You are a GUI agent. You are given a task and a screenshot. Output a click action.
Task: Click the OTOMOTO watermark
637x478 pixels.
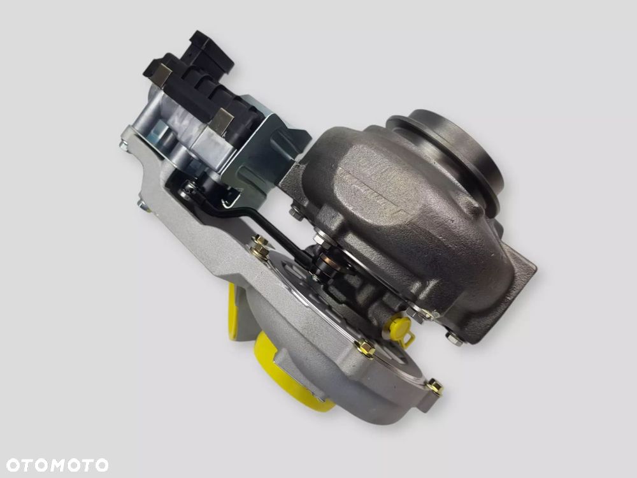click(x=57, y=465)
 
